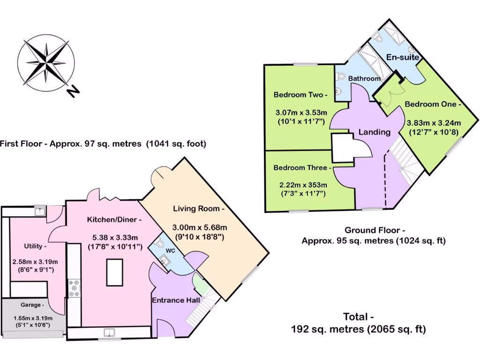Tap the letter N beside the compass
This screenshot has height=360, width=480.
pos(72,92)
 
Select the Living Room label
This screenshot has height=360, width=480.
pos(199,209)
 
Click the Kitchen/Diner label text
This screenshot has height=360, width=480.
pos(114,219)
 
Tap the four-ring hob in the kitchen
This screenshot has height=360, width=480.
pos(74,288)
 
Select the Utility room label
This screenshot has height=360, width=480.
pos(35,246)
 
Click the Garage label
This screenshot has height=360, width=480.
pos(31,305)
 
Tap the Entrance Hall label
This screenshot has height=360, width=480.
pos(175,300)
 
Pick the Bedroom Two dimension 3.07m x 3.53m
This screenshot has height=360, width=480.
pos(300,112)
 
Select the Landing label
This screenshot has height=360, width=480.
pos(374,132)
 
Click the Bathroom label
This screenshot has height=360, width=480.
pos(364,79)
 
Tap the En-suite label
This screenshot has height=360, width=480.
pos(402,57)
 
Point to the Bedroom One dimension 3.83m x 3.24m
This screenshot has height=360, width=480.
pos(433,123)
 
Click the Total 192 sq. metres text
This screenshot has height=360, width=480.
pos(358,330)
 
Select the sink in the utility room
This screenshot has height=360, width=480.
pos(41,211)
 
